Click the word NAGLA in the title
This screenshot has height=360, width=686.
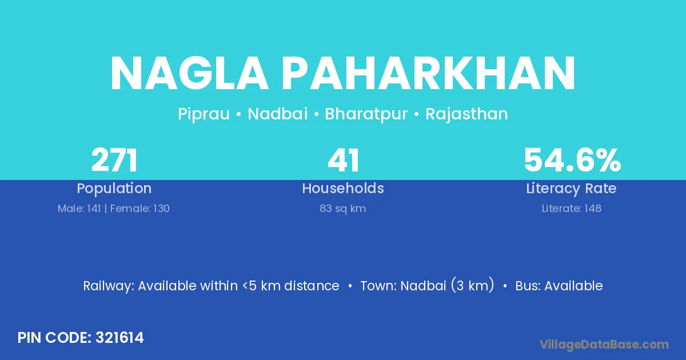tap(189, 73)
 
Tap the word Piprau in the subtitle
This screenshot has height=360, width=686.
tap(204, 114)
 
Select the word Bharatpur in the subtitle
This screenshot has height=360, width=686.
tap(366, 114)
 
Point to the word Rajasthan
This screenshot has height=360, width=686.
tap(466, 114)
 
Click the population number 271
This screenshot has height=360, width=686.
tap(114, 160)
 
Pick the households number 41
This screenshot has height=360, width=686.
tap(344, 160)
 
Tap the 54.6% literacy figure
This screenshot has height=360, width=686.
tap(572, 160)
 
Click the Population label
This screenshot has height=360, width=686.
tap(114, 189)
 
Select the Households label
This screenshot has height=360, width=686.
tap(343, 188)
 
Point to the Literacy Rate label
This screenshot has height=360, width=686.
tap(571, 189)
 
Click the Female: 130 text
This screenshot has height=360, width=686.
tap(139, 209)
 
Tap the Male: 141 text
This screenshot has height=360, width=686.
tap(79, 209)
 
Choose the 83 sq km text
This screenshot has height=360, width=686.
tap(342, 209)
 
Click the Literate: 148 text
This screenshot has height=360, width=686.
tap(572, 209)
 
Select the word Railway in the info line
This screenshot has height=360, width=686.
tap(109, 286)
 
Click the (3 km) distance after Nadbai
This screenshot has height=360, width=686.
tap(472, 285)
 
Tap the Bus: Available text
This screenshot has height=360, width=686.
tap(559, 286)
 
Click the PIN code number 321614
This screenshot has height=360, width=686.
tap(119, 338)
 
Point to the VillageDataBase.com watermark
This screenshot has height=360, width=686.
tap(604, 345)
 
